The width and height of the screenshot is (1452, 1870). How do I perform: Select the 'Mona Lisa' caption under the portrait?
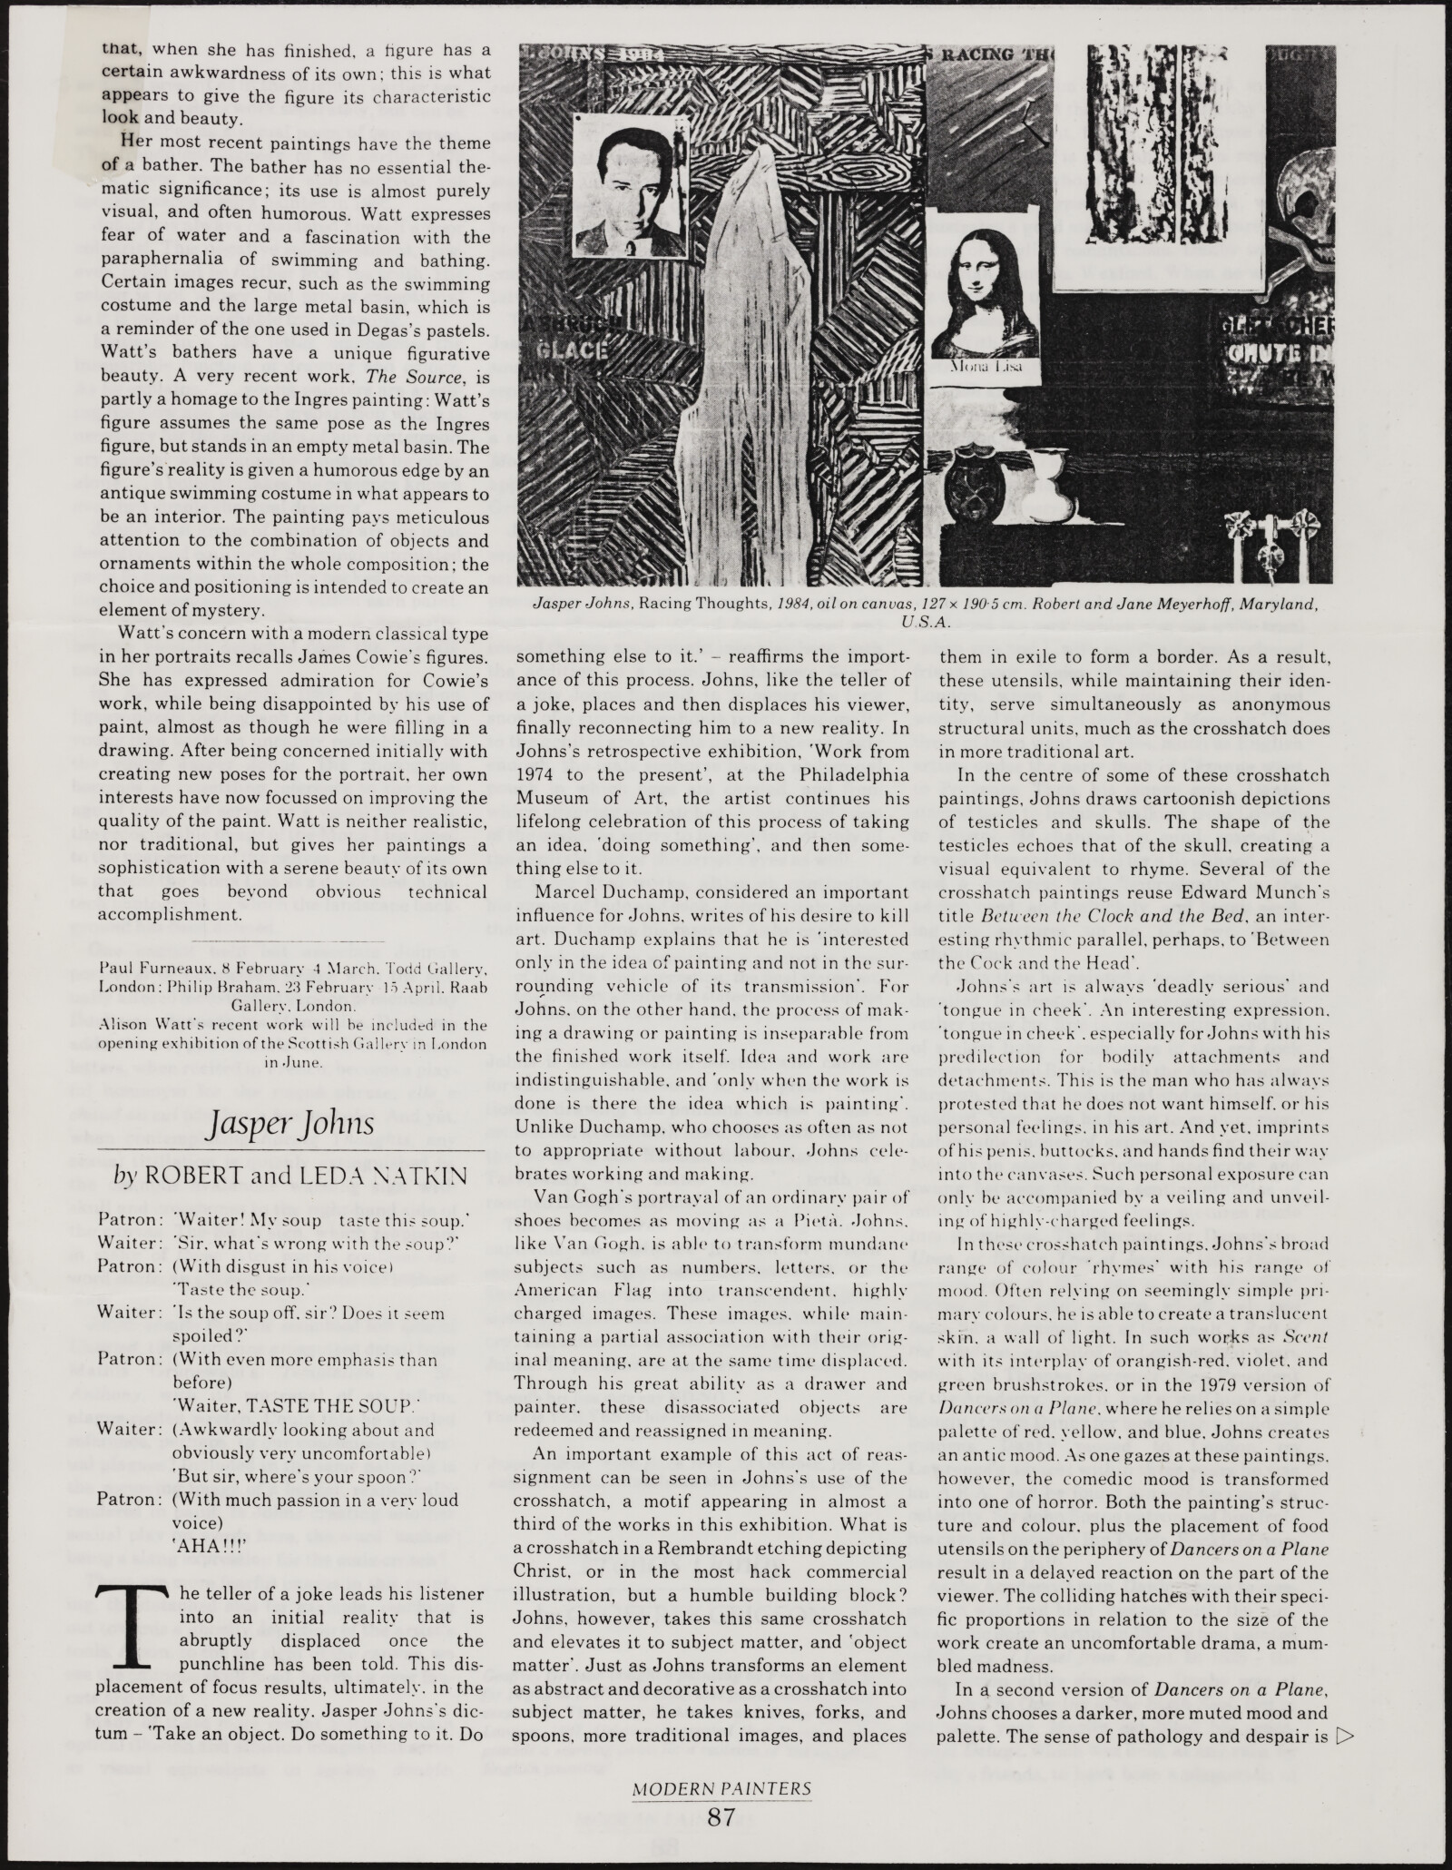click(x=985, y=367)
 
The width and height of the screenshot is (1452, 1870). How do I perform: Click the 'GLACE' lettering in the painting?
click(x=564, y=350)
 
